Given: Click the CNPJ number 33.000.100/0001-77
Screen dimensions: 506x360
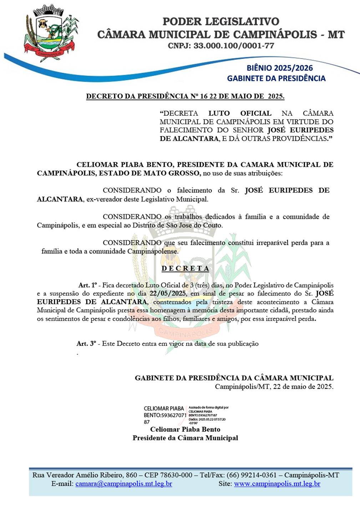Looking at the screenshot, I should coord(234,46).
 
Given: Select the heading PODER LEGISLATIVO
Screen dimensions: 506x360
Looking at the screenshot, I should coord(221,21).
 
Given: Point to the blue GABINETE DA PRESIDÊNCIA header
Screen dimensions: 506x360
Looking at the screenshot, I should coord(276,78).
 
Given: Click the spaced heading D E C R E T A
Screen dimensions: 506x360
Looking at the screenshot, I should coord(185,268).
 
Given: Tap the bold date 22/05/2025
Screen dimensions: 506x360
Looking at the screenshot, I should coord(168,294).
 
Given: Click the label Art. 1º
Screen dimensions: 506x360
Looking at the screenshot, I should coord(87,285).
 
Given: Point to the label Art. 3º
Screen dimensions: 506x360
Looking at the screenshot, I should coord(86,344).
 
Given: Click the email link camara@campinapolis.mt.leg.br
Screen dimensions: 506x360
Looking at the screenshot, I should coord(124,484).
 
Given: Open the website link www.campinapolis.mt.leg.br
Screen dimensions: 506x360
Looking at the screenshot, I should coord(277,484).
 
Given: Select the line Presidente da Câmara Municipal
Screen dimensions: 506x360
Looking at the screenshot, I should coord(185,438).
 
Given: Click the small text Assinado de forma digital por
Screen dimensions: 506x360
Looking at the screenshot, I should coord(208,407).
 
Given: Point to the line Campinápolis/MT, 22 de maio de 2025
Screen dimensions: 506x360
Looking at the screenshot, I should coord(274,386).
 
